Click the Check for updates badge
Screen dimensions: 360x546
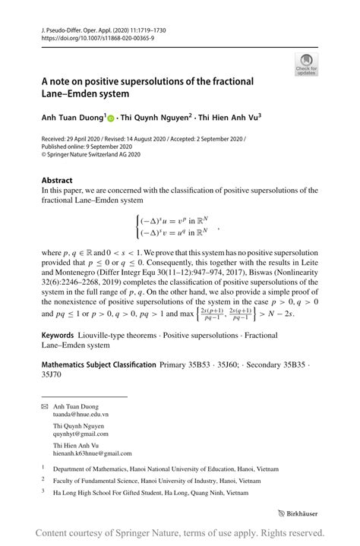click(306, 64)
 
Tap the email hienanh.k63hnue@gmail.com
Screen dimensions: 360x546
click(93, 453)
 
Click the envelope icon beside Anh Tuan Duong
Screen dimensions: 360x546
click(44, 406)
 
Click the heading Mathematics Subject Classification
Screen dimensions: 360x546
click(99, 365)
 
